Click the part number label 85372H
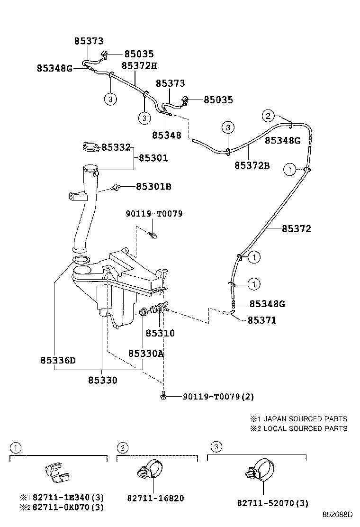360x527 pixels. click(139, 66)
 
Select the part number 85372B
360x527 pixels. click(252, 165)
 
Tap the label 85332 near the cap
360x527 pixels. click(116, 147)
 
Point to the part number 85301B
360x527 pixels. click(153, 187)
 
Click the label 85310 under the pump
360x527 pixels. click(160, 333)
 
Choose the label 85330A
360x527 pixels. click(146, 353)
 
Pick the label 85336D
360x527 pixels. click(58, 360)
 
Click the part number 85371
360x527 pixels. click(262, 320)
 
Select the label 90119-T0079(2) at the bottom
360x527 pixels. click(215, 396)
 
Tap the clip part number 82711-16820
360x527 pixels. click(155, 498)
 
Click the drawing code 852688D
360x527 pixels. click(338, 514)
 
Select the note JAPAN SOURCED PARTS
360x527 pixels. click(305, 419)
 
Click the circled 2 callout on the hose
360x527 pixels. click(268, 115)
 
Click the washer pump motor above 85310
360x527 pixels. click(159, 311)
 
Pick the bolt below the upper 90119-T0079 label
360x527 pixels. click(153, 234)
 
